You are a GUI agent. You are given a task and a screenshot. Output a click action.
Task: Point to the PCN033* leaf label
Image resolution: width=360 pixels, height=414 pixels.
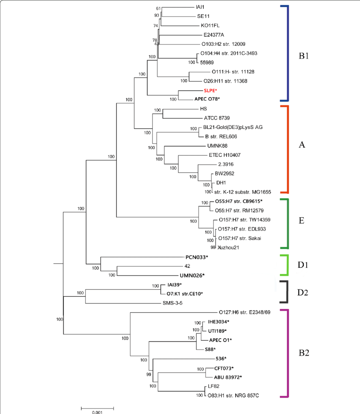coord(197,257)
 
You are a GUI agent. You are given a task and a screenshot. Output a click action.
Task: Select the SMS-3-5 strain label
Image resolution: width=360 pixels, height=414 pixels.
coord(173,303)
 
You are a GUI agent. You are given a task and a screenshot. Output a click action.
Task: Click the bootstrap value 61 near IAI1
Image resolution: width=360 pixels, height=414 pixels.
coord(158,8)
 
